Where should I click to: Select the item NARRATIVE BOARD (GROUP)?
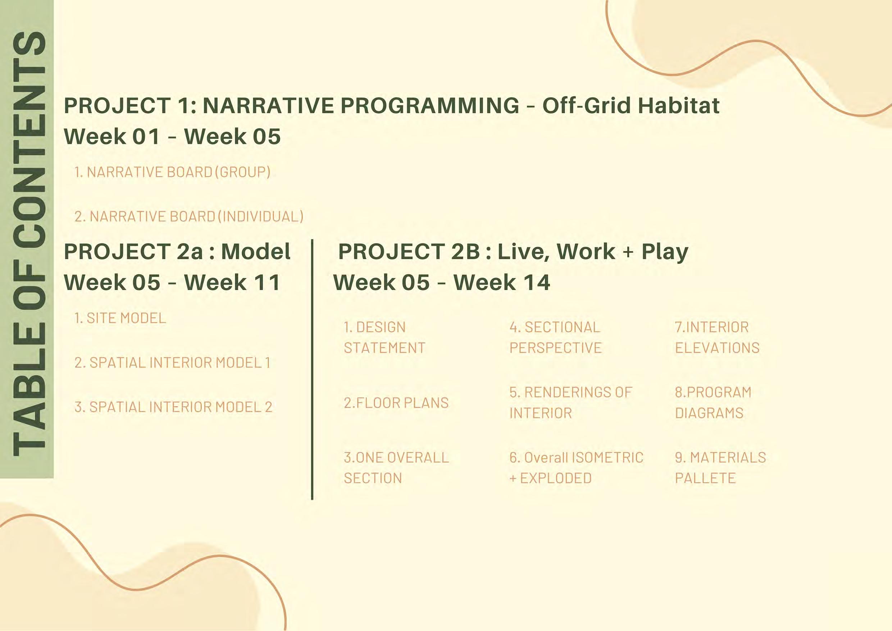point(172,172)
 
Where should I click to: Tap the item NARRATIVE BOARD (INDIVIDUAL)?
point(189,216)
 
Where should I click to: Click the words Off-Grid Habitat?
point(631,106)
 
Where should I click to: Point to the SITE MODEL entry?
point(120,318)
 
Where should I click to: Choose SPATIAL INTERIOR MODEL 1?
point(172,362)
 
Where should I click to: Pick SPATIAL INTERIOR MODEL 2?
point(173,407)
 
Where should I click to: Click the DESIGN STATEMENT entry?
point(384,337)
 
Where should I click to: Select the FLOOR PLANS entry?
point(396,403)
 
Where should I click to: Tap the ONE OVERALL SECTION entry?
point(396,468)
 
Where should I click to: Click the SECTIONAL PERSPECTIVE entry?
point(555,337)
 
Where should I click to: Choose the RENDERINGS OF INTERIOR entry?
point(570,403)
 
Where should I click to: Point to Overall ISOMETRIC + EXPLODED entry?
point(577,468)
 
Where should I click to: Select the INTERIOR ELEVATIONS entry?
point(717,337)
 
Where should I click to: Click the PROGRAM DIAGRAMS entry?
point(713,403)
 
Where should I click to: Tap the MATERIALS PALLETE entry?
point(720,468)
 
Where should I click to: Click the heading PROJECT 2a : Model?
point(177,251)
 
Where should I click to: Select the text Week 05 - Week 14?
point(442,282)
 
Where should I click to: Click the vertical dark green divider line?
point(312,369)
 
